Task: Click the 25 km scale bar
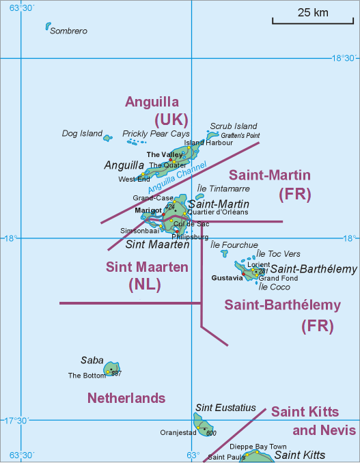click(x=312, y=18)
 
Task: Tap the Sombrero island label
click(x=68, y=31)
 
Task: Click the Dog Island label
click(x=82, y=134)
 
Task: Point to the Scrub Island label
click(x=234, y=126)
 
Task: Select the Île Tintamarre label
click(x=223, y=188)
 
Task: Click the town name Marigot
click(x=148, y=210)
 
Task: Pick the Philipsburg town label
click(x=191, y=237)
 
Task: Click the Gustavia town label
click(x=227, y=279)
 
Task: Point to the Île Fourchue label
click(x=234, y=245)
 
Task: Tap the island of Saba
click(x=111, y=369)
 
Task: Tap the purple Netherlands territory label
click(x=126, y=398)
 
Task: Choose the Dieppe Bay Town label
click(x=263, y=446)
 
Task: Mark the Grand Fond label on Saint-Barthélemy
click(x=277, y=279)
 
